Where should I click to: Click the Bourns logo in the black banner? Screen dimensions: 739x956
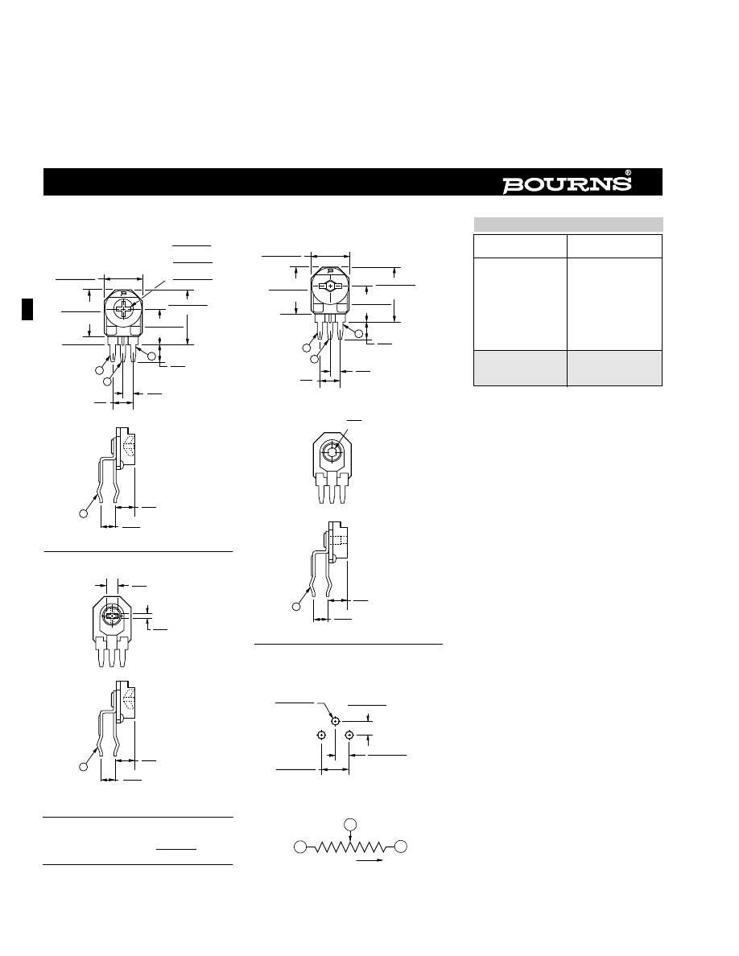pos(567,185)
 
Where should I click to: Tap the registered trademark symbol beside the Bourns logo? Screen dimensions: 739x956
pos(628,172)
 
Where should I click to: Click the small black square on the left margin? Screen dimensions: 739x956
pos(27,309)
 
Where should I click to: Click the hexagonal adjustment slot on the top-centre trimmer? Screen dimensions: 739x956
pos(330,286)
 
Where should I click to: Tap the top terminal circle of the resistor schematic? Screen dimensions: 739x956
pos(349,825)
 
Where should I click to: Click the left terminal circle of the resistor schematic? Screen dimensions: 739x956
pos(300,847)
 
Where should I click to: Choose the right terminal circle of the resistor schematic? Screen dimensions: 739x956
pos(401,847)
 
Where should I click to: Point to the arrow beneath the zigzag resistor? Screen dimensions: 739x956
pos(369,860)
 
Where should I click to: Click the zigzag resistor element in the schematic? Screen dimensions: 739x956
pos(350,847)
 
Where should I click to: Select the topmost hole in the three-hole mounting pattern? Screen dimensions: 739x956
pos(336,721)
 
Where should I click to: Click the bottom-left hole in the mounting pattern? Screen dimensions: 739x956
pos(321,736)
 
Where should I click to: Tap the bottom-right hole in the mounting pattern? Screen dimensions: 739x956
pos(349,736)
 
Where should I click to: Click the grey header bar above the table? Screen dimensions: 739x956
pos(568,224)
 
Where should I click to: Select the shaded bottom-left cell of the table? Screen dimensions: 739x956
pos(520,368)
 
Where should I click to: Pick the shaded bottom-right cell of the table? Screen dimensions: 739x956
pos(614,368)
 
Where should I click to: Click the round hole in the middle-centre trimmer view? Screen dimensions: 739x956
pos(331,451)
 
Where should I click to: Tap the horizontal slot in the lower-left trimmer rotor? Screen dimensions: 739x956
pos(110,617)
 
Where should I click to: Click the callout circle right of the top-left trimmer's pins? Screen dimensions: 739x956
pos(152,356)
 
